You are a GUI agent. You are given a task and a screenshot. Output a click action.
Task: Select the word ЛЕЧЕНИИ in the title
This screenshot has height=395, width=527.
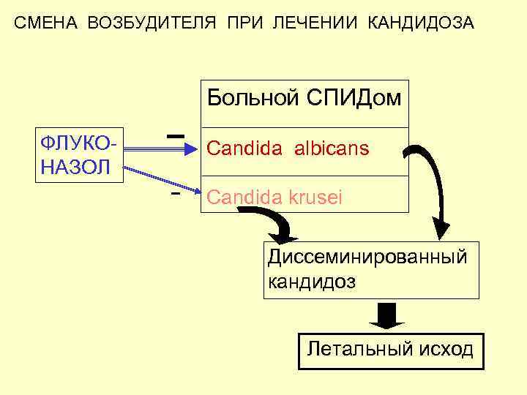(x=307, y=23)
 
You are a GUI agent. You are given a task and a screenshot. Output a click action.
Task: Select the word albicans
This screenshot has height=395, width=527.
(x=332, y=149)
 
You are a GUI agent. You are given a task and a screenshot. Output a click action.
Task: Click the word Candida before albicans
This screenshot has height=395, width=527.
(x=244, y=149)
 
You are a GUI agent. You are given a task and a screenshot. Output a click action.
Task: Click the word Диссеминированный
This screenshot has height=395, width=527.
(x=367, y=258)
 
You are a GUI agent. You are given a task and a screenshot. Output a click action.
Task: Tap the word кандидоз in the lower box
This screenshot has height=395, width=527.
(x=312, y=282)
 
